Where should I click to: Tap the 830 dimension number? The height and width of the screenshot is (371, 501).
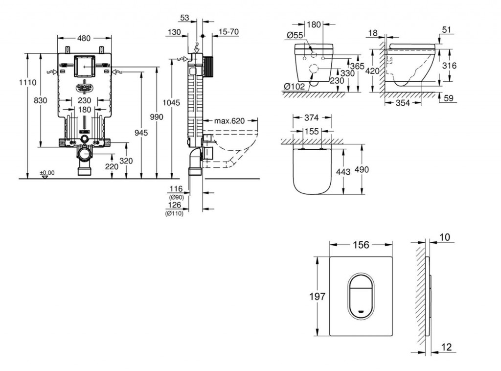click(x=41, y=100)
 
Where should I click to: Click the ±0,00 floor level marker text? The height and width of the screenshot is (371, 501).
click(x=47, y=173)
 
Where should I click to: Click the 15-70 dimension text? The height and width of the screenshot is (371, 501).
click(x=228, y=32)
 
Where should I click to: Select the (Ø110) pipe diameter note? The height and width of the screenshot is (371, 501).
click(x=174, y=213)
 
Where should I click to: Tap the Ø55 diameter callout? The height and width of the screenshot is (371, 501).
click(x=295, y=35)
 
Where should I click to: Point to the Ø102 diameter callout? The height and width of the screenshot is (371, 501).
click(x=295, y=86)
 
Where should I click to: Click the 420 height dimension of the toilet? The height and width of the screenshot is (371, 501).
click(x=373, y=70)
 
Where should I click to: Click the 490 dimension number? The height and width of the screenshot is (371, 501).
click(x=375, y=170)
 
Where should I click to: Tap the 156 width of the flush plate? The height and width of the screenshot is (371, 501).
click(x=361, y=245)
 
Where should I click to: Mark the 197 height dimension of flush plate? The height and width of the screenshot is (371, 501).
click(x=318, y=296)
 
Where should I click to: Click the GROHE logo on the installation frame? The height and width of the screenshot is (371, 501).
click(x=84, y=87)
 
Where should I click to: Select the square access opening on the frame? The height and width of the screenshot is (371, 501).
click(x=84, y=66)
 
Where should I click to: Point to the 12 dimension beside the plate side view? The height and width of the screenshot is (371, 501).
click(x=446, y=347)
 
